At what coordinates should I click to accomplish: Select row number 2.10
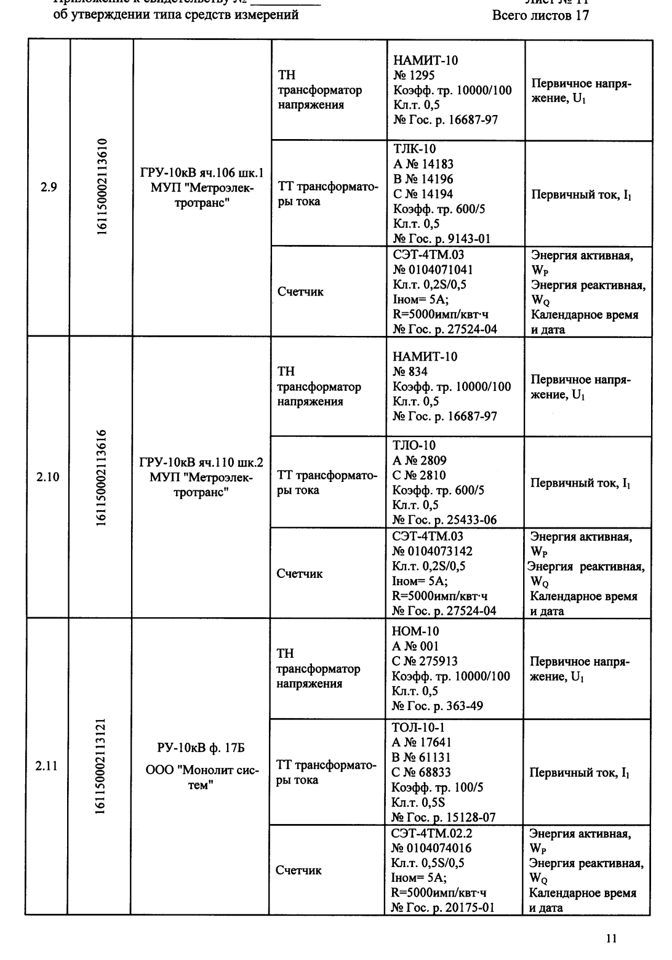click(x=47, y=477)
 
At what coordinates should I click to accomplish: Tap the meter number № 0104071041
click(x=433, y=270)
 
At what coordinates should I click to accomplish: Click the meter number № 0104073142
click(x=433, y=551)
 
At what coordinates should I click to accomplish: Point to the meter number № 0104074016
click(x=432, y=848)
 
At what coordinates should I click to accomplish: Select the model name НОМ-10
click(x=415, y=631)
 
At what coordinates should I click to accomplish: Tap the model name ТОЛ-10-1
click(x=418, y=727)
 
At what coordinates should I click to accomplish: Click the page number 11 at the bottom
click(x=610, y=938)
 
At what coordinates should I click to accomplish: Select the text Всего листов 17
click(x=541, y=15)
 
